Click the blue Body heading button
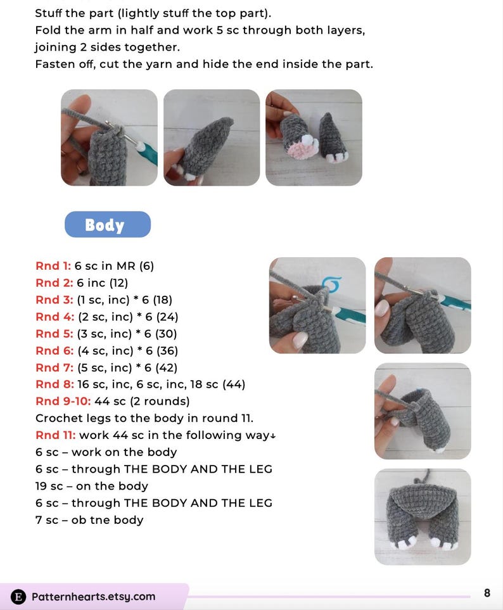point(107,224)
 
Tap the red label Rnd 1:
point(53,266)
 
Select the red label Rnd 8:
point(54,384)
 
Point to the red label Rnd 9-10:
point(63,401)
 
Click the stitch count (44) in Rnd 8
point(233,384)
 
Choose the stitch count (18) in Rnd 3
point(163,300)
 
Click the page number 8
point(487,593)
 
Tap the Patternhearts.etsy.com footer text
point(93,597)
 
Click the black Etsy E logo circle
point(18,597)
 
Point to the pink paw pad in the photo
point(302,149)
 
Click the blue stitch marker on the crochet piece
point(332,283)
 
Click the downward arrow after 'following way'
point(273,436)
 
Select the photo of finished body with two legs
point(423,517)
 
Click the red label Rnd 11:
point(56,435)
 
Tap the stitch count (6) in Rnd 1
point(147,266)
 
